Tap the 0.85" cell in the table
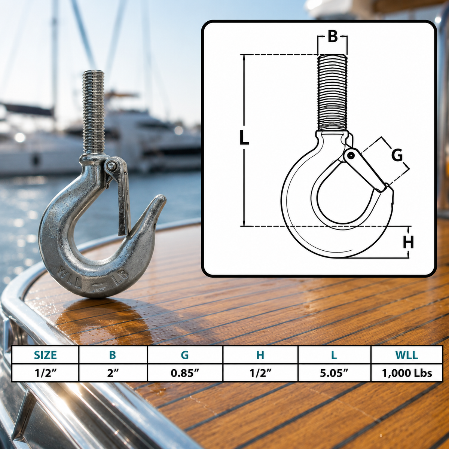(x=185, y=373)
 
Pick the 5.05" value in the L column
(x=334, y=373)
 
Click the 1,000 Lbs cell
(x=407, y=373)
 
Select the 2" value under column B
(x=113, y=373)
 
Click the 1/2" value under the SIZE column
(x=45, y=373)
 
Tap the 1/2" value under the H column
(x=260, y=373)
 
